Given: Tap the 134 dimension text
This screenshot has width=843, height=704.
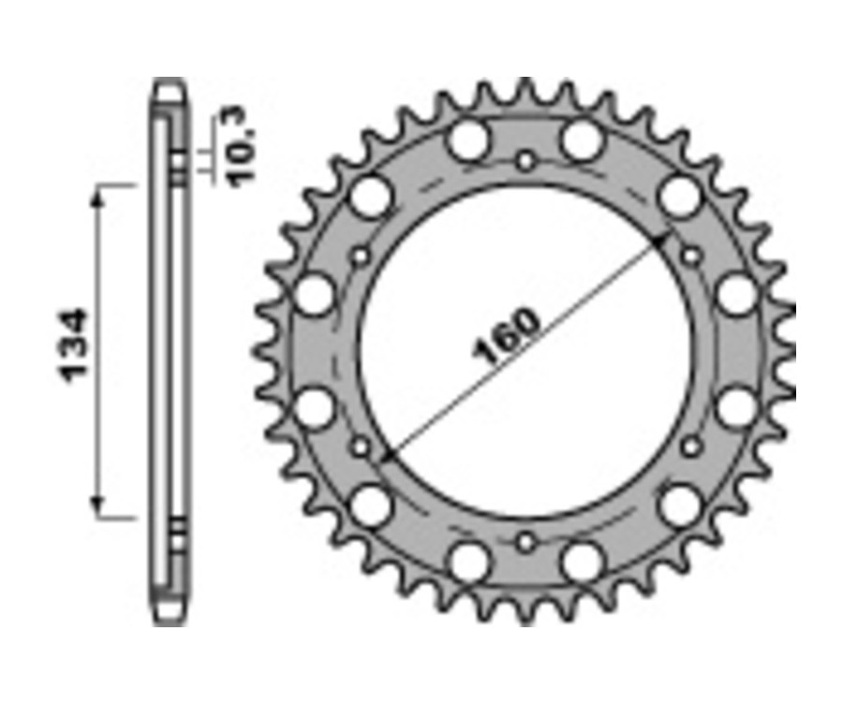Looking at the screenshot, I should pyautogui.click(x=75, y=344).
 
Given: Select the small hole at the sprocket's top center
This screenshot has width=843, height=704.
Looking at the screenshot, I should pyautogui.click(x=525, y=160).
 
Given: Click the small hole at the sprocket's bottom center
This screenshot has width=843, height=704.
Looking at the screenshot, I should pyautogui.click(x=525, y=541).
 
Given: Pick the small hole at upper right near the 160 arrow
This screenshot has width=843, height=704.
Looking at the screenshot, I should pyautogui.click(x=691, y=255).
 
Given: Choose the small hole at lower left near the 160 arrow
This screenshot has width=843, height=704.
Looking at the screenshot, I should pyautogui.click(x=361, y=447).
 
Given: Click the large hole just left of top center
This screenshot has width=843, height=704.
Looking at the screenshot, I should pyautogui.click(x=468, y=140).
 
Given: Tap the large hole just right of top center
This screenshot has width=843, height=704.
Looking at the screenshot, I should pyautogui.click(x=582, y=140).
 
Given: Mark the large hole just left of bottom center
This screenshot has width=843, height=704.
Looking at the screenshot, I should pyautogui.click(x=468, y=561).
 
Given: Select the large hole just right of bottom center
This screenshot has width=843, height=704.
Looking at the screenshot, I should pyautogui.click(x=582, y=561).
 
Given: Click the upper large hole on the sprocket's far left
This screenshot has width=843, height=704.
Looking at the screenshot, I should pyautogui.click(x=315, y=294).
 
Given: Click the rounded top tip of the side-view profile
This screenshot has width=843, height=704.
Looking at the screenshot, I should pyautogui.click(x=170, y=86).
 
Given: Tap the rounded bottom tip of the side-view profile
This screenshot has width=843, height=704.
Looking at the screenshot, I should pyautogui.click(x=170, y=617).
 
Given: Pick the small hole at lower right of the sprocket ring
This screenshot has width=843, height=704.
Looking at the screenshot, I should pyautogui.click(x=691, y=447).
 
